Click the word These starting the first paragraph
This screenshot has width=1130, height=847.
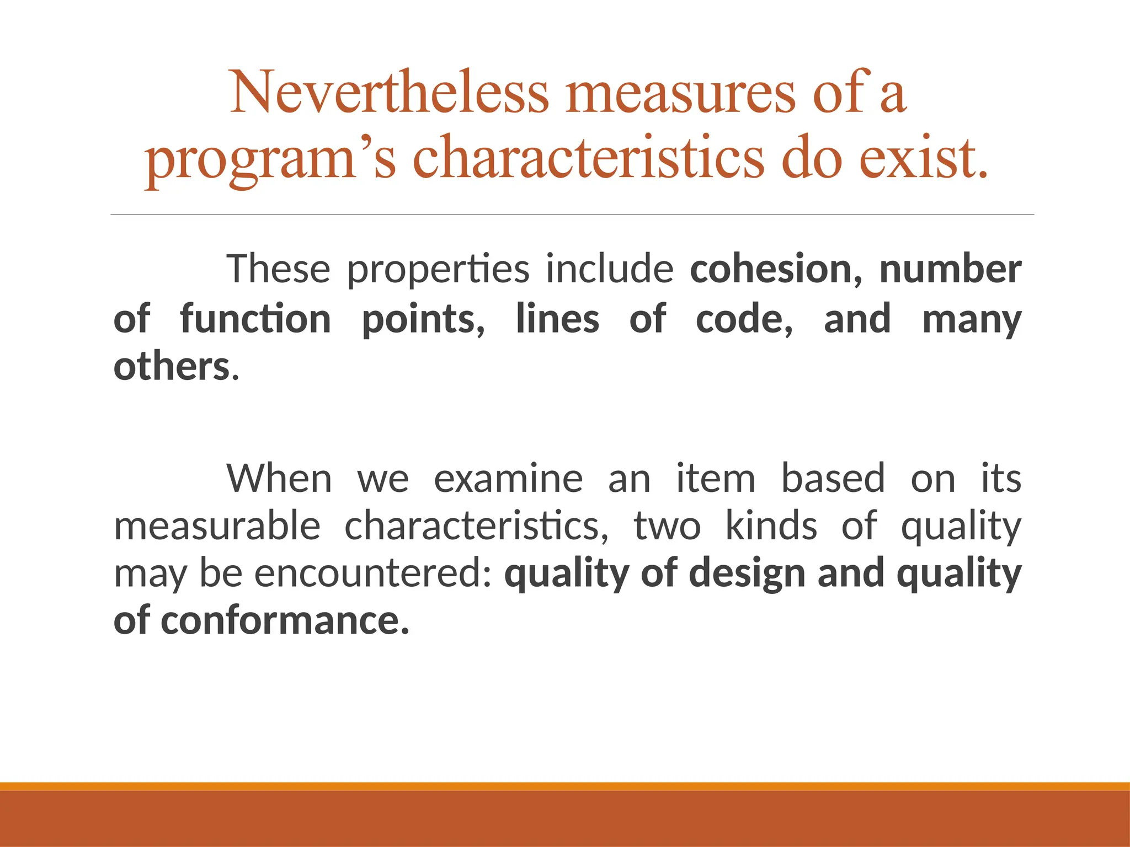click(x=278, y=269)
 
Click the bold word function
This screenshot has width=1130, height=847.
click(x=255, y=319)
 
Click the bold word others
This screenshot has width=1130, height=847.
click(x=172, y=367)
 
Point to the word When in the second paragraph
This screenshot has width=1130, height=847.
click(x=279, y=478)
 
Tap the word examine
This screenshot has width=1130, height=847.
click(x=508, y=478)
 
